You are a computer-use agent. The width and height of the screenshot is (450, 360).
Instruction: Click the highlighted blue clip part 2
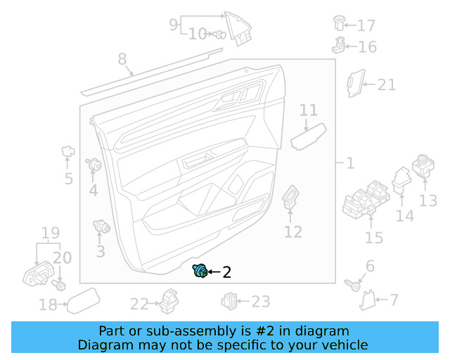point(200,271)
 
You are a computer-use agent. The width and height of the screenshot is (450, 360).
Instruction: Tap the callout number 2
point(226,272)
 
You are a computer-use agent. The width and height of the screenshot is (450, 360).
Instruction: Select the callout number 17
point(366,26)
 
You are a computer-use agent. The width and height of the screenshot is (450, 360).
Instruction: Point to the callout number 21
point(387,85)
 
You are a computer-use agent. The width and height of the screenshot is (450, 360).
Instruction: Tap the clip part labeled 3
point(102,226)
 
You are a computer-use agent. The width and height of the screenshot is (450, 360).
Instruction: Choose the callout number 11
point(309,110)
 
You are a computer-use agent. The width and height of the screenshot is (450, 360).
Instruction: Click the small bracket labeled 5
point(69,150)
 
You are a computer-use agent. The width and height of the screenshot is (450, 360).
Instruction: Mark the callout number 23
point(261,302)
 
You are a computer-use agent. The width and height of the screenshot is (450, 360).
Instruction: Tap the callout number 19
point(50,233)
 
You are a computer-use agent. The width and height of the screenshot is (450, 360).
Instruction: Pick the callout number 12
point(293,232)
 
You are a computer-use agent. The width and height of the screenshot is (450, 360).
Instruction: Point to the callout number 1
point(349,163)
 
